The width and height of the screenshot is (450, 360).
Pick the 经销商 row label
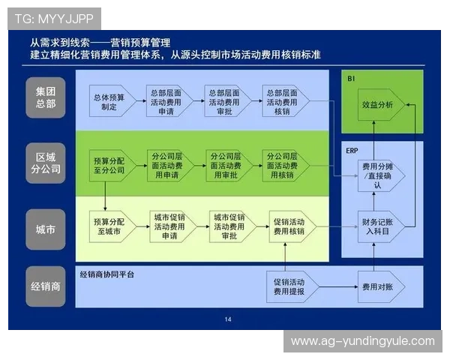click(46, 286)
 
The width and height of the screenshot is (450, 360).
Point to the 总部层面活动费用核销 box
click(283, 102)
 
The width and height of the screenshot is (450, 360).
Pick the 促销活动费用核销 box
click(289, 226)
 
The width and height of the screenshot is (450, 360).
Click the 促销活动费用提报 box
click(289, 286)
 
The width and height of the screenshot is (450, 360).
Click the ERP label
click(352, 150)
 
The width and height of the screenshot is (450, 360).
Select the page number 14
click(228, 319)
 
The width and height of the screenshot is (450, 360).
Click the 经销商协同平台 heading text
click(107, 274)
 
